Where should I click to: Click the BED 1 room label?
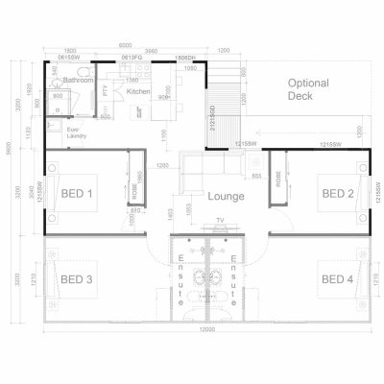point(77,193)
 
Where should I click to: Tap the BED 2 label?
point(338,193)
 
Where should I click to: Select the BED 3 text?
point(77,279)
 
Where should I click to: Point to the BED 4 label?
point(338,279)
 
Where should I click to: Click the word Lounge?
point(225,198)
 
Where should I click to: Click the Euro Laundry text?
point(77,135)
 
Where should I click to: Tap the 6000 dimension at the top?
point(127,44)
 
